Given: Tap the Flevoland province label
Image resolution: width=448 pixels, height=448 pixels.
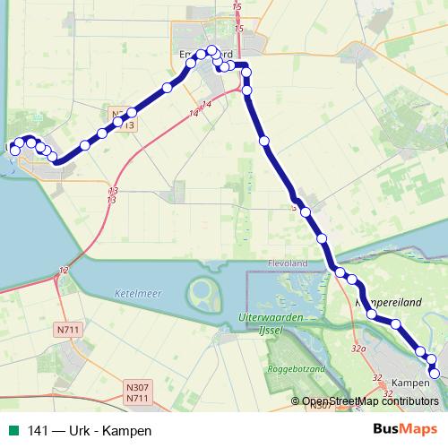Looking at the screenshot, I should [x=288, y=263].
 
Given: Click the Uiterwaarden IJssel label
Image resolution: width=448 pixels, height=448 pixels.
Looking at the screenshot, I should [x=273, y=324].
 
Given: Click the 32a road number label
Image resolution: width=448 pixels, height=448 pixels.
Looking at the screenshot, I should [x=359, y=348].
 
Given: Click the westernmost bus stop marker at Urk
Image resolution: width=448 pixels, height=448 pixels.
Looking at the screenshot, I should [x=14, y=151].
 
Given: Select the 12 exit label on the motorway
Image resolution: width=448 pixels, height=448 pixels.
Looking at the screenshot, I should [x=63, y=270].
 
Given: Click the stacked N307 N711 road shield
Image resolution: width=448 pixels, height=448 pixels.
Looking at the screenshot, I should [x=137, y=392].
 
